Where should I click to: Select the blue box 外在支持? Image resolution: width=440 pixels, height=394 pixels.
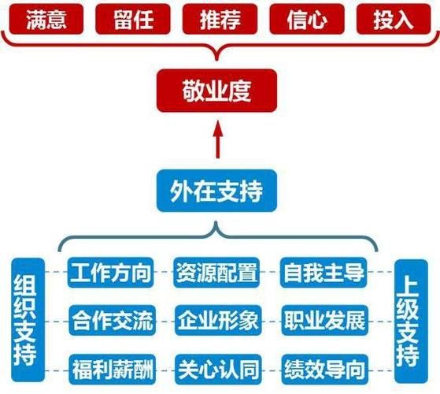(216, 190)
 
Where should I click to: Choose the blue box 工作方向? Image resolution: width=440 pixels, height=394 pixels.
(110, 273)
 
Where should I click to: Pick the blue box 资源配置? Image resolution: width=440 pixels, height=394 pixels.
(216, 273)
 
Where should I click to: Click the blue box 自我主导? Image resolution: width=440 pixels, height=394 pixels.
(323, 273)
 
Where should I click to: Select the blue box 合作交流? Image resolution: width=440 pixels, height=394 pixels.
(110, 321)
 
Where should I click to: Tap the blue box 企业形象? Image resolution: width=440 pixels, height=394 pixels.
(216, 321)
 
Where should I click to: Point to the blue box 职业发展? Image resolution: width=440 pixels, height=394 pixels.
(323, 321)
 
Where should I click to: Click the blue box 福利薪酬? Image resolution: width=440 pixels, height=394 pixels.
(110, 366)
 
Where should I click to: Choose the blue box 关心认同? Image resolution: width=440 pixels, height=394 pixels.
(216, 366)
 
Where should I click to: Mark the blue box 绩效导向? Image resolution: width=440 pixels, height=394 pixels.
(323, 366)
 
